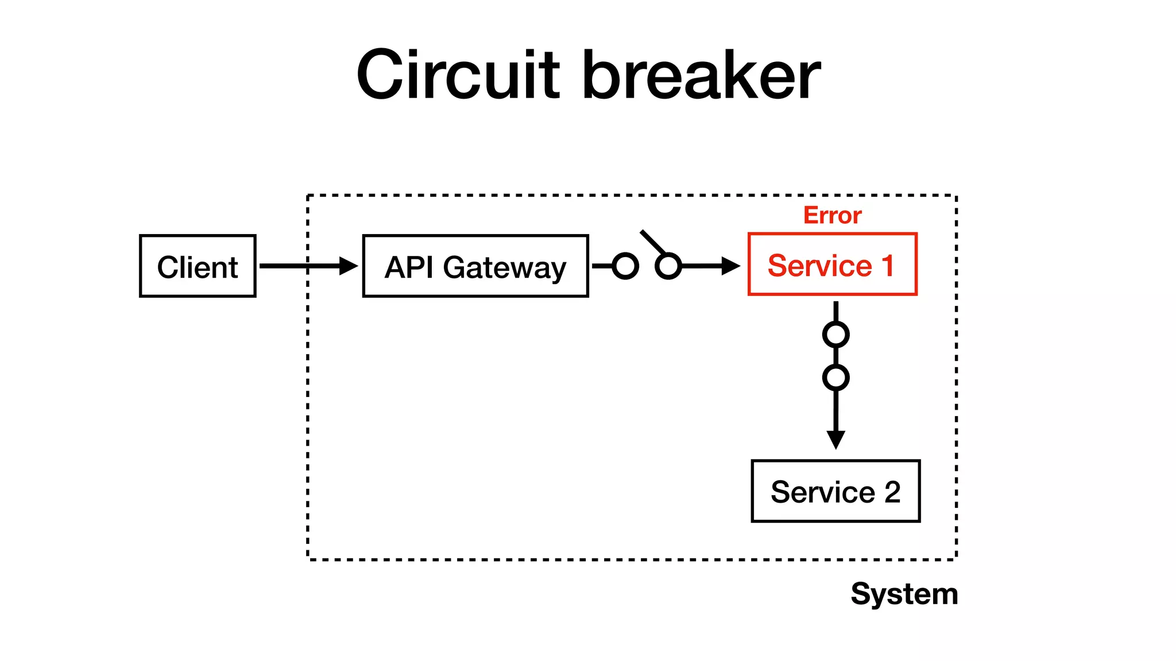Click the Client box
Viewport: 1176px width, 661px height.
point(198,266)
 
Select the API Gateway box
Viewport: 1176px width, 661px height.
point(475,266)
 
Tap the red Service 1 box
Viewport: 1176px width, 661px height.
point(832,265)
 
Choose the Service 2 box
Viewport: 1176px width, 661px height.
point(835,491)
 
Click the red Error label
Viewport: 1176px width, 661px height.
point(832,215)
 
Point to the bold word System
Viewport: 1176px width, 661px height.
point(904,594)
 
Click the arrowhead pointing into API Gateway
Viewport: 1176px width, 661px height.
point(348,266)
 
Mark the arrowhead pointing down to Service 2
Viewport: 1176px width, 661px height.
point(835,440)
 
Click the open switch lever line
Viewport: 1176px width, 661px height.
point(652,242)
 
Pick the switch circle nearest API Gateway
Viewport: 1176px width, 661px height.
point(625,266)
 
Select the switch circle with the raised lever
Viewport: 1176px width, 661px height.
point(668,266)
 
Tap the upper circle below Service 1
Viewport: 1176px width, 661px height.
point(835,335)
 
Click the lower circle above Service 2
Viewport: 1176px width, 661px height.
point(835,378)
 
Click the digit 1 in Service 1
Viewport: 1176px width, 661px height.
point(888,266)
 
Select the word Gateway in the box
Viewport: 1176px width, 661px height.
point(504,268)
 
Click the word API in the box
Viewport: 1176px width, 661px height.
point(409,267)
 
